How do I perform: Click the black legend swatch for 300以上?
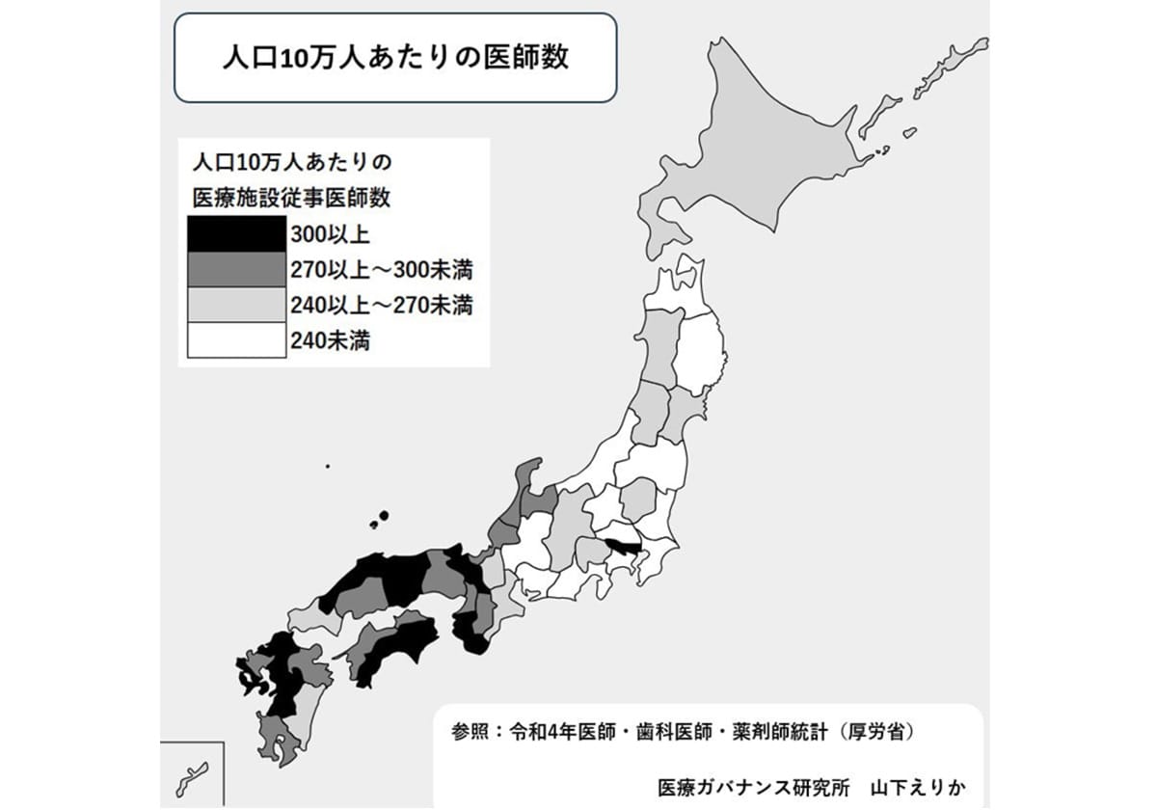237,233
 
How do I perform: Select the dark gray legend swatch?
237,269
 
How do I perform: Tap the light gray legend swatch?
237,305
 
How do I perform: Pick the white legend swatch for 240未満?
237,340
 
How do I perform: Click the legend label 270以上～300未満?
380,269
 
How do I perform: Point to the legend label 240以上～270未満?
380,306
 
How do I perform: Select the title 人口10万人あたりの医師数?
394,57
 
